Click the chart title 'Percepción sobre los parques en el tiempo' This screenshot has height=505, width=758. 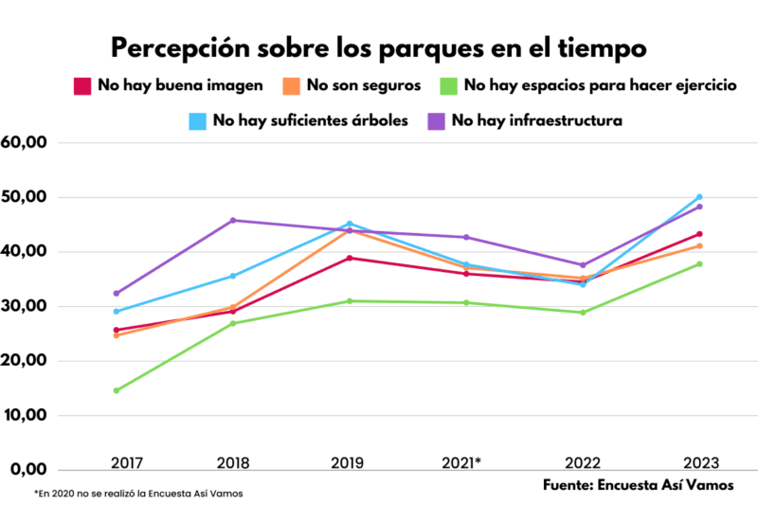(379, 47)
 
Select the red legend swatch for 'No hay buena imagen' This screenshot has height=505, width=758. (82, 86)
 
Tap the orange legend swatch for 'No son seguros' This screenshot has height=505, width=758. (291, 86)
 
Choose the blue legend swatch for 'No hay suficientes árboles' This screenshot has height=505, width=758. (197, 120)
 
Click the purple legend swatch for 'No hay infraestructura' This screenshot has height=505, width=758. (436, 120)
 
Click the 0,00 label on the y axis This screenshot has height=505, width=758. (29, 470)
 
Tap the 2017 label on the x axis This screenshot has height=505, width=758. (116, 462)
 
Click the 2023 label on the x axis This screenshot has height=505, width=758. (699, 462)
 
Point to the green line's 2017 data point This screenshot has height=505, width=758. (116, 390)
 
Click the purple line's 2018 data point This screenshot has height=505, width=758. (233, 220)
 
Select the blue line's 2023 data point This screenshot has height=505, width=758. (699, 197)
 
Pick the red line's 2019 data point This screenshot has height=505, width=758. (350, 258)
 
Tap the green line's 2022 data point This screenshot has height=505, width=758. (583, 313)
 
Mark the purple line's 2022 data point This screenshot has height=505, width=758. (583, 265)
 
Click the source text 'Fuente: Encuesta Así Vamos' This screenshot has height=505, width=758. (638, 484)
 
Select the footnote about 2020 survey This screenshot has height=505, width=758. (132, 494)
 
